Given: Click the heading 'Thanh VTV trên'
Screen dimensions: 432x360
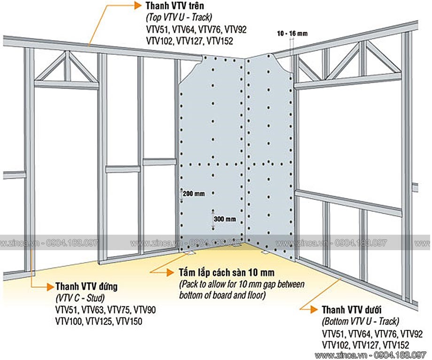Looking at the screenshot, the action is click(175, 6).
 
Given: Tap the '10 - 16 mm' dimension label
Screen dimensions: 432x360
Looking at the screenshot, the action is click(293, 34).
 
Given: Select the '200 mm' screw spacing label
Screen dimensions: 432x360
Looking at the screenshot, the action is click(193, 194).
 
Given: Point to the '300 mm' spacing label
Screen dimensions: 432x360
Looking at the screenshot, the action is click(225, 219).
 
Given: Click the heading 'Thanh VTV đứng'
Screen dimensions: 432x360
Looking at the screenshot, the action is click(86, 286).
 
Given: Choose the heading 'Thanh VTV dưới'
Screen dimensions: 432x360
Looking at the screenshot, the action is click(352, 310).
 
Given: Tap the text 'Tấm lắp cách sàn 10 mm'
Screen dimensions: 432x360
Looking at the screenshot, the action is click(227, 273).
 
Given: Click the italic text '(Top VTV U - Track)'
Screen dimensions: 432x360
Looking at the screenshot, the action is click(179, 17).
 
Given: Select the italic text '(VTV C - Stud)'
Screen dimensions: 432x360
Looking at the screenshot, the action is click(80, 298).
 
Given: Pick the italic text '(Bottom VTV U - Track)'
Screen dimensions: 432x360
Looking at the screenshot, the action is click(360, 322).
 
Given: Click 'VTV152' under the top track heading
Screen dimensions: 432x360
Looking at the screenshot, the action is click(220, 41).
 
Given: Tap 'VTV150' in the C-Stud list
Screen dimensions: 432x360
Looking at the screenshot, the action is click(129, 321).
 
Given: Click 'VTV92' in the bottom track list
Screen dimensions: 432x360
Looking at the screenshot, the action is click(411, 334).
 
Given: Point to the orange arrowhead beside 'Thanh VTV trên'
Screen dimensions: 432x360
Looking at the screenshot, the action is click(138, 6).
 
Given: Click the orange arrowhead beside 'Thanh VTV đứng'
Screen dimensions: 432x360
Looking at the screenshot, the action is click(50, 287).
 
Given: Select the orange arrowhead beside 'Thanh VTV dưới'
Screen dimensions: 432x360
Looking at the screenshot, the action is click(314, 310).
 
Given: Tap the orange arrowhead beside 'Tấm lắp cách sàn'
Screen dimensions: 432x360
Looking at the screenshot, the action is click(170, 273).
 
